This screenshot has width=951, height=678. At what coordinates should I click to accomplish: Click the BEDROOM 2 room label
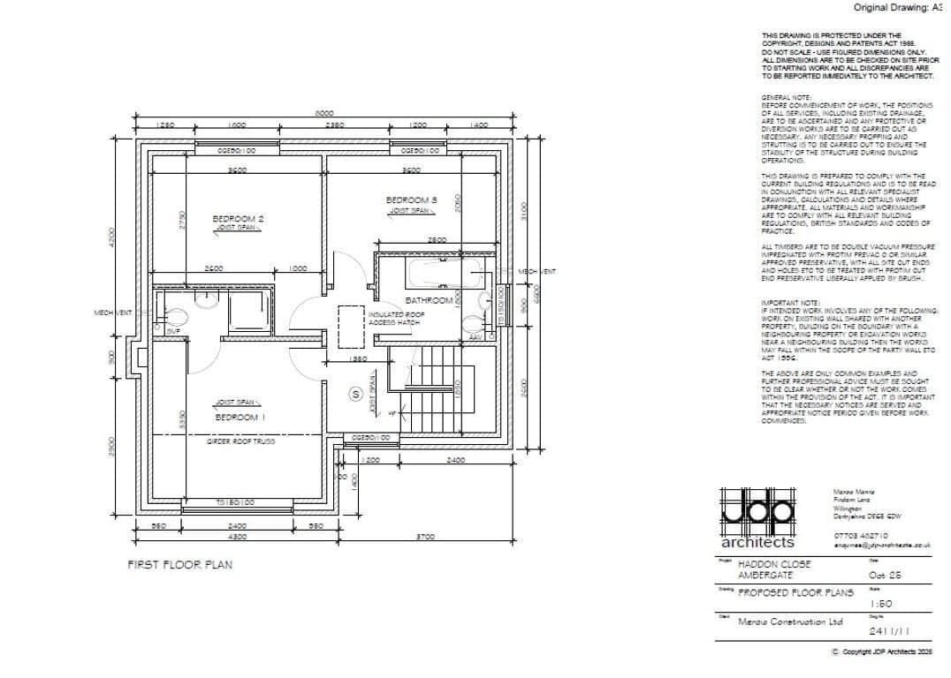pos(239,217)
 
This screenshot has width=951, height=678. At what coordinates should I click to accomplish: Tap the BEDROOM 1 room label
pos(240,417)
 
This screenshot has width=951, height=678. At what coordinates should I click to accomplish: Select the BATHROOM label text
pos(429,300)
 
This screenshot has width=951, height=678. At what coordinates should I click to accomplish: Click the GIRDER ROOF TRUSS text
pos(240,441)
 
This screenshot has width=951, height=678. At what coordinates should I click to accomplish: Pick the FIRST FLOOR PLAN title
pos(180,564)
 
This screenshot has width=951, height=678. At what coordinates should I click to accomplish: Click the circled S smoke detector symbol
pos(356,395)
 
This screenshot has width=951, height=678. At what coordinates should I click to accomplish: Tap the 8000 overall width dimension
pos(324,113)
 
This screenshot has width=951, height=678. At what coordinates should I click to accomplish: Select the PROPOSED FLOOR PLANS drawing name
pos(795,592)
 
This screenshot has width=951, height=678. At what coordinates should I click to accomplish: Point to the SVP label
pos(172,331)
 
